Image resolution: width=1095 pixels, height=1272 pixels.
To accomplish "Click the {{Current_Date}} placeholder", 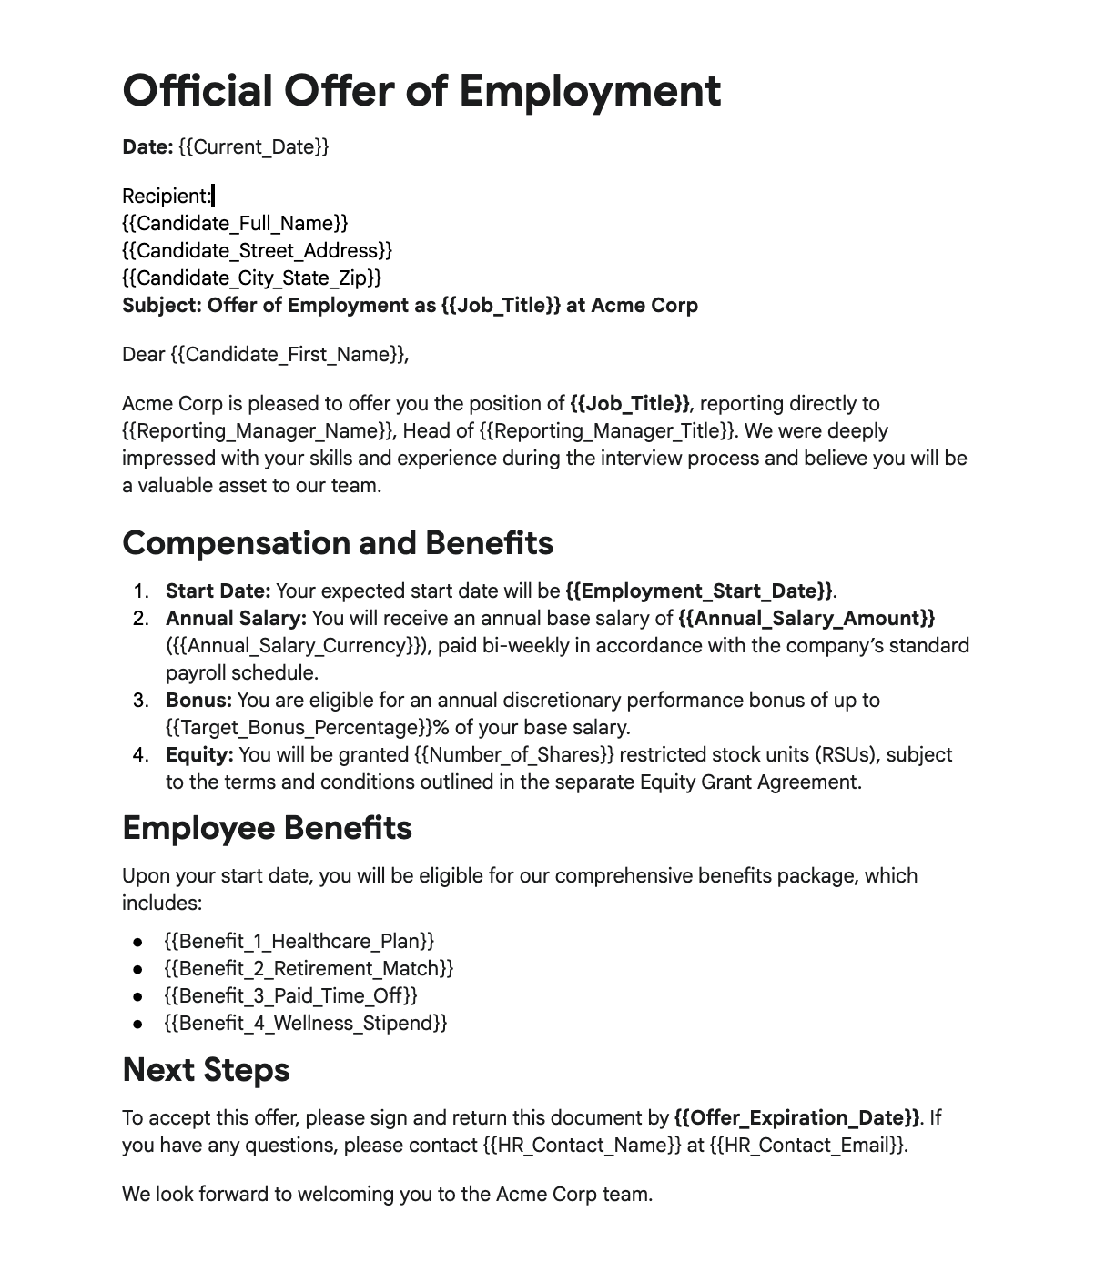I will pos(253,146).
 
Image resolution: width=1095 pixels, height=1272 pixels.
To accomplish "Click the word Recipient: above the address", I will pos(166,196).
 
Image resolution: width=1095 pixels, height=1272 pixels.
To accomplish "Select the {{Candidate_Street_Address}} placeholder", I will pos(257,250).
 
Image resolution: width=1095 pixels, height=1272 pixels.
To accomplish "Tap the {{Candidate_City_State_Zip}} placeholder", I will pos(251,278).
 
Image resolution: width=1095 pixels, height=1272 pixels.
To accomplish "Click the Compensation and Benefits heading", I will pos(337,543).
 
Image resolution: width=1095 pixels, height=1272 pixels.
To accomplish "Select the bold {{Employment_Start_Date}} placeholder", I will pos(698,591).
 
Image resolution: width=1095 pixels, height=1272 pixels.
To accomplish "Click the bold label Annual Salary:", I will pos(236,619).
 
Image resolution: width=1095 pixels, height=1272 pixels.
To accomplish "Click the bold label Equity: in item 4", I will pos(199,755).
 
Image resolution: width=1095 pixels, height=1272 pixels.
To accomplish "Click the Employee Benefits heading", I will pos(267,828).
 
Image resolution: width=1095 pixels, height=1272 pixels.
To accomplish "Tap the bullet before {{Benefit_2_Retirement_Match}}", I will pos(137,969).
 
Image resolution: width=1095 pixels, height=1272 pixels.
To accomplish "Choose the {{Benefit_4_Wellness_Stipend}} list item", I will pos(305,1024).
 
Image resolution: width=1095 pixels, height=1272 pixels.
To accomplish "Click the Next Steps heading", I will pos(206,1070).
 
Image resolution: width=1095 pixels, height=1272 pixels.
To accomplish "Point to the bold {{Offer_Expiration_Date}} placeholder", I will pos(796,1118).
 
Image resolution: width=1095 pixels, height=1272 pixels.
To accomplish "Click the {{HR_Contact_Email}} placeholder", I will pos(806,1146).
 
